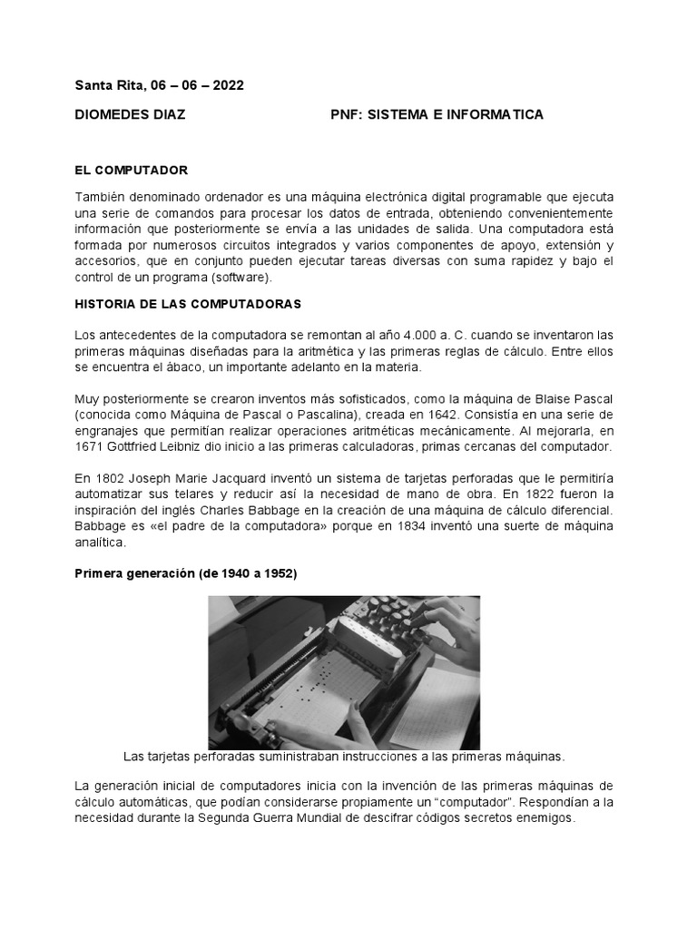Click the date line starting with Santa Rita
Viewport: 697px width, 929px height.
point(159,85)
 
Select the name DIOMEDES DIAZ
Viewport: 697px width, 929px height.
point(130,114)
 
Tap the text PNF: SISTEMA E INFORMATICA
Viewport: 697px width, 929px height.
point(437,114)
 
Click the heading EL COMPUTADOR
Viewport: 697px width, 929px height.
point(131,170)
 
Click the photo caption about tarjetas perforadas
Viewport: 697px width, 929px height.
point(343,755)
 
